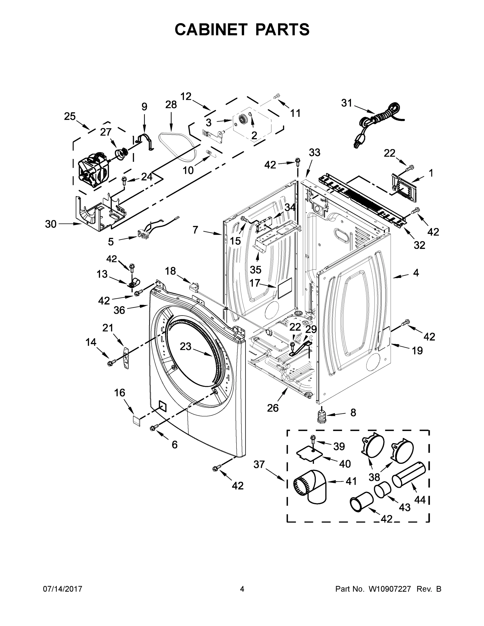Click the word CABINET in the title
211,29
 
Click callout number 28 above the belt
171,105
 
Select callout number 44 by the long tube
420,499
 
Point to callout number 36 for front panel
119,310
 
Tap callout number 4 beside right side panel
416,273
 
